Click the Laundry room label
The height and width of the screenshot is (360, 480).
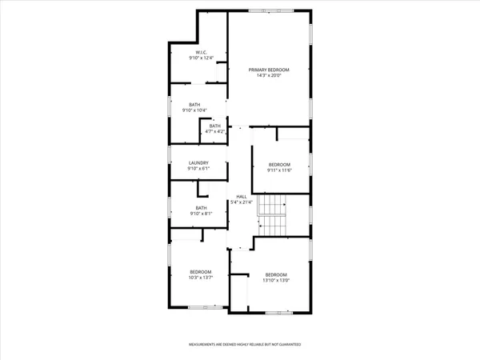[x=198, y=163]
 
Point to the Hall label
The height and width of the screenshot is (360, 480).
[x=241, y=196]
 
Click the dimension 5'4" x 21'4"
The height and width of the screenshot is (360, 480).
[x=241, y=202]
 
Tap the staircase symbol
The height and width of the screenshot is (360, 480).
[x=276, y=214]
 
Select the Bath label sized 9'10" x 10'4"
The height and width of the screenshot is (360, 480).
[x=194, y=105]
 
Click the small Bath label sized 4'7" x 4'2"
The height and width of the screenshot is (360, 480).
[x=215, y=126]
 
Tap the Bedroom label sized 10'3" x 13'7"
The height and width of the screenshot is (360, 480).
[x=200, y=272]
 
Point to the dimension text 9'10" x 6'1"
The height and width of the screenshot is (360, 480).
[x=198, y=169]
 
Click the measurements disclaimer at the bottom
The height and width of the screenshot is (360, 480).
[x=244, y=346]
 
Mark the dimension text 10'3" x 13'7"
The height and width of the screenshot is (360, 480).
[x=200, y=278]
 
